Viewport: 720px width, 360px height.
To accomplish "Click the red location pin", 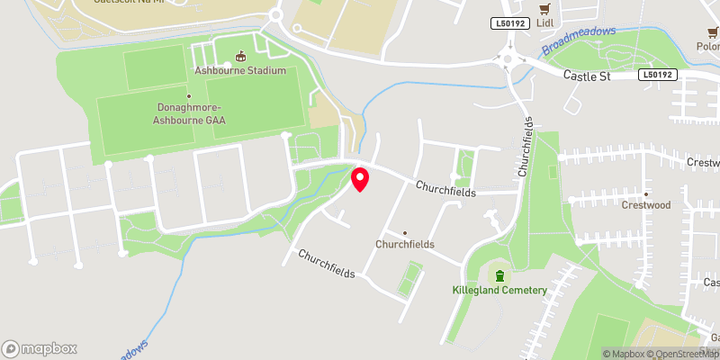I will pos(360,178).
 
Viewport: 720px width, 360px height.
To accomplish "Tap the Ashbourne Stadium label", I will pos(240,70).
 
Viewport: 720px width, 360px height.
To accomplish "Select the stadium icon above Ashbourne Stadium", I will pos(240,56).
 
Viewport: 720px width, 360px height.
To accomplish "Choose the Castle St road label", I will pos(587,76).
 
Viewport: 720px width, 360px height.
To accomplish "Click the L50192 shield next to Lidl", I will pos(509,23).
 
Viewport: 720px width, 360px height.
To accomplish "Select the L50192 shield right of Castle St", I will pos(658,76).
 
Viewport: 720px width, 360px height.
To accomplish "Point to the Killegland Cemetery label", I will pos(499,290).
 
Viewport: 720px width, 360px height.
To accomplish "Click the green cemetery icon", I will pos(499,274).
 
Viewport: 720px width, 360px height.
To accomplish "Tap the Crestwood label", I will pos(645,205).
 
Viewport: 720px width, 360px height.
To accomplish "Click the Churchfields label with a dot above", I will pos(405,244).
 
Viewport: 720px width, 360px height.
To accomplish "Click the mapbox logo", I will pos(39,348).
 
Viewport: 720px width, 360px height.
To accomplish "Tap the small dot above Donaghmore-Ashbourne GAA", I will pos(188,95).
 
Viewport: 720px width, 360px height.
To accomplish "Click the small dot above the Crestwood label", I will pos(645,192).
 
